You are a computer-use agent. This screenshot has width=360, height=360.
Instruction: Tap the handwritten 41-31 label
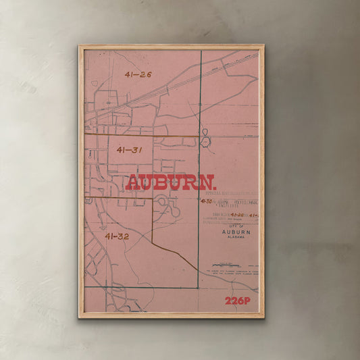(129, 149)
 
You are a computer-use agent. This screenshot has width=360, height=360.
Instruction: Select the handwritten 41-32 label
(117, 236)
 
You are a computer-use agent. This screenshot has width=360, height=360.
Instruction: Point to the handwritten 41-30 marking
(207, 201)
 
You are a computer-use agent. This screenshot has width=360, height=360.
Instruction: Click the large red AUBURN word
(170, 183)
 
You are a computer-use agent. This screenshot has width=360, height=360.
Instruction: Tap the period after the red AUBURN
(215, 188)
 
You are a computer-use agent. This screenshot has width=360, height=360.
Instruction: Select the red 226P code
(238, 301)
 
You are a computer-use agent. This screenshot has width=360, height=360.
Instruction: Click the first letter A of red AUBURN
(134, 183)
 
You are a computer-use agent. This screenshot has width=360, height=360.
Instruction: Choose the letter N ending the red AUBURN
(205, 183)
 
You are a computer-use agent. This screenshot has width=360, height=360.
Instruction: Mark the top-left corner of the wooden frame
(79, 46)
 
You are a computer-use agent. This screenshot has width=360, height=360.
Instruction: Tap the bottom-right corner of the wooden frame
(263, 317)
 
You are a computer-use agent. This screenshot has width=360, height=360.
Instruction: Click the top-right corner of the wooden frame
(263, 46)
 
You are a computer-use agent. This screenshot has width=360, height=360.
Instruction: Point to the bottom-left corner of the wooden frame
(79, 317)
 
